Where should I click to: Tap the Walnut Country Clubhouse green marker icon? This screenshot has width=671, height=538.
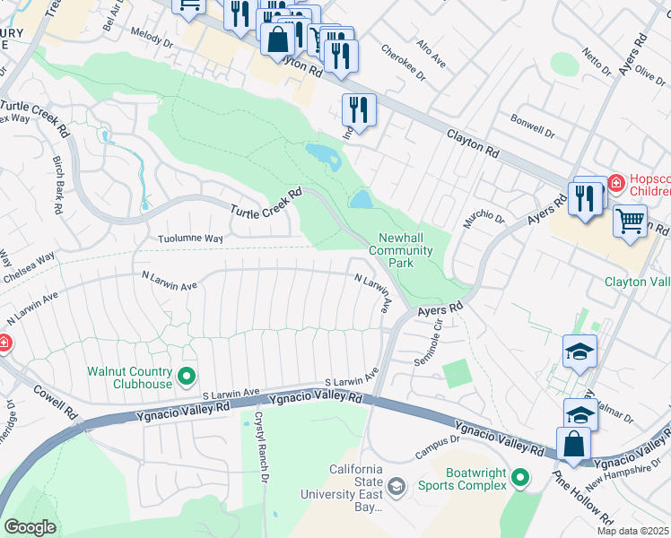187,375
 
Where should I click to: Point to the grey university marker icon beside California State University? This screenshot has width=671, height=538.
396,486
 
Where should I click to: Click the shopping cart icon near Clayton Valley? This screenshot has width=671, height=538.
630,221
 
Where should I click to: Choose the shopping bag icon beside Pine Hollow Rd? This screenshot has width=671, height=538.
573,443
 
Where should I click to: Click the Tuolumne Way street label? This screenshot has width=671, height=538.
190,239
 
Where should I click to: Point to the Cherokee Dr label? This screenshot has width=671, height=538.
400,57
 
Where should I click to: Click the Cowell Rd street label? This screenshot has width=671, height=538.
55,402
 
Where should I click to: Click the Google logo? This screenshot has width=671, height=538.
30,526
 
